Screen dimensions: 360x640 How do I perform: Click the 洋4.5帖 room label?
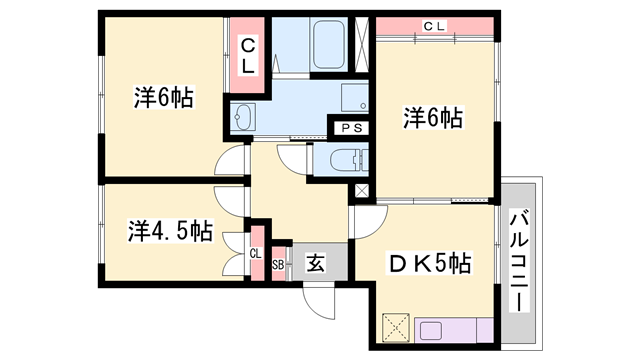[169, 231]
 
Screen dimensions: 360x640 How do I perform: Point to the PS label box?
[350, 127]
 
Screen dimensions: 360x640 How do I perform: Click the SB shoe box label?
[278, 265]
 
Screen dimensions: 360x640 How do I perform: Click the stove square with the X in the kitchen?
[396, 327]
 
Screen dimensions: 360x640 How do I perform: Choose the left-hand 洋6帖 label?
[163, 98]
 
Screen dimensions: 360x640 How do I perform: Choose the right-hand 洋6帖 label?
[433, 118]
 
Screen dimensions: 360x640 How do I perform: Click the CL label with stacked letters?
[249, 55]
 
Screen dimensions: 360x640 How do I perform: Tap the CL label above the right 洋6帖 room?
[434, 26]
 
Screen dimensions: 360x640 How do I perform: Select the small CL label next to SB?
[255, 254]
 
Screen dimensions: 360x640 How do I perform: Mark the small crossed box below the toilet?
[361, 189]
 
